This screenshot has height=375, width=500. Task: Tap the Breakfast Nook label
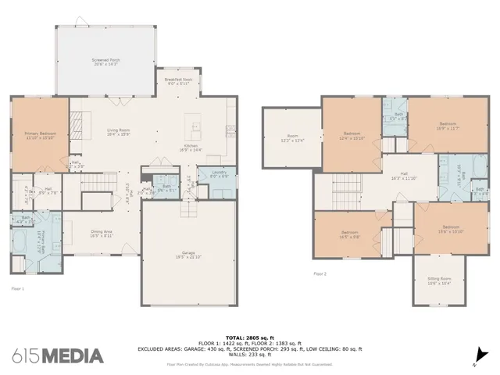coord(177,82)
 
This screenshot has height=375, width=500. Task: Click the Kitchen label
coord(193,148)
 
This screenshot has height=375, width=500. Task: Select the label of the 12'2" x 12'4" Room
coord(291,137)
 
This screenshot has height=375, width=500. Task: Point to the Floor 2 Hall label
coord(404,175)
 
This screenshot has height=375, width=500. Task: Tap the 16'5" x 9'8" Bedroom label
coord(349,234)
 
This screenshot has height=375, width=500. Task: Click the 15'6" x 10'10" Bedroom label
coord(440,229)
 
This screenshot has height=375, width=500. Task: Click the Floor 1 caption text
coord(18,289)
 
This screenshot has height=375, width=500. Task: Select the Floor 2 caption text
coord(320,274)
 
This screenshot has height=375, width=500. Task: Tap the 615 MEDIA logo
coord(58,355)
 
